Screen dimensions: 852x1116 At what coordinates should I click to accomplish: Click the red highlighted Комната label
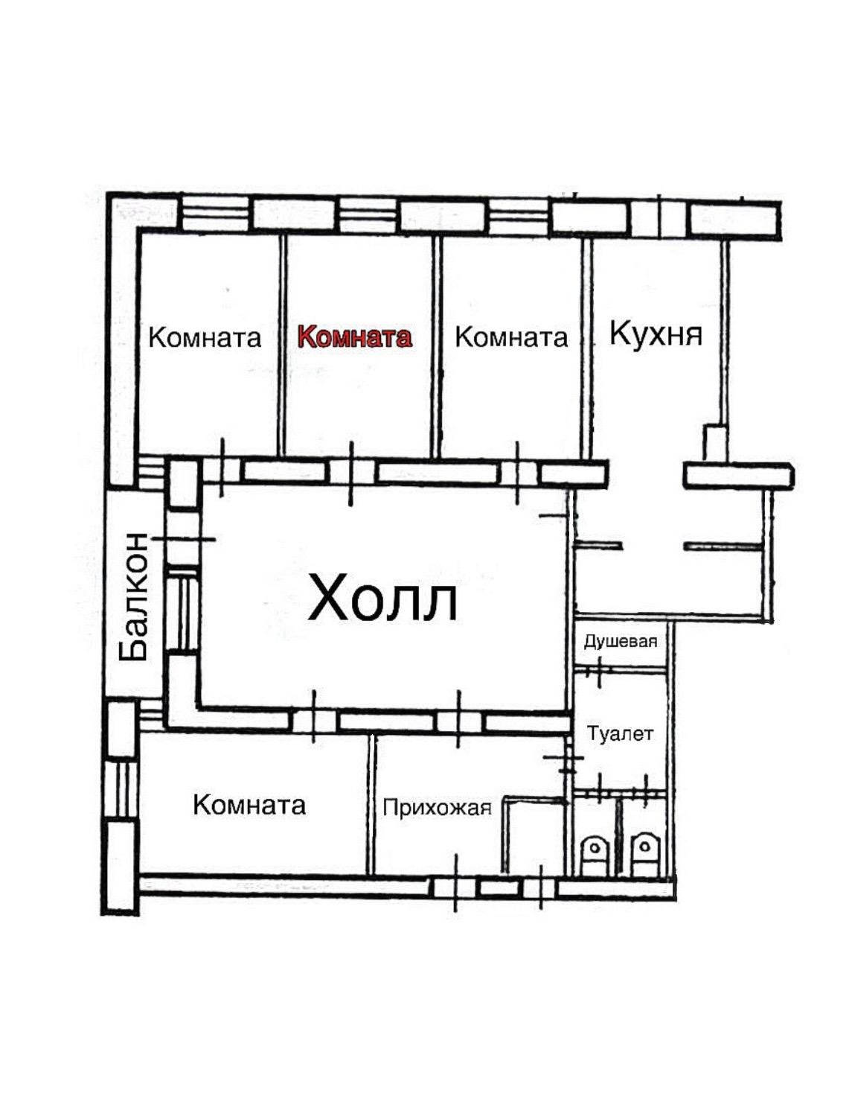pos(354,337)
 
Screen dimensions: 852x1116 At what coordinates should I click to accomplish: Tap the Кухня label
pos(656,334)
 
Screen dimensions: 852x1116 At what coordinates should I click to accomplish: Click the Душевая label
pos(621,642)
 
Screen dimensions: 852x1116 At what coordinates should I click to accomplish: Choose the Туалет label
pos(620,733)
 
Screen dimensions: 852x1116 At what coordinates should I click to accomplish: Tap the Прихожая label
pos(438,807)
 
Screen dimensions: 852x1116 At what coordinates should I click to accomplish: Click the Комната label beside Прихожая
pos(249,806)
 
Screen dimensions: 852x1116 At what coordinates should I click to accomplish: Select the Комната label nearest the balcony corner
pos(205,337)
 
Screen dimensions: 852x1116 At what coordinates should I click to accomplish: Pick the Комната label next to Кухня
pos(511,337)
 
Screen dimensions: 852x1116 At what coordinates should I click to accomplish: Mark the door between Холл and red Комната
pos(351,473)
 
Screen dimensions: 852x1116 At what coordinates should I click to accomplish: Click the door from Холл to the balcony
pos(183,539)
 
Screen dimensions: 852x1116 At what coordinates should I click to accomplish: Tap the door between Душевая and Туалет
pos(600,670)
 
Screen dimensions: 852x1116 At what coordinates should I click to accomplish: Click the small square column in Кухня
pos(714,441)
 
